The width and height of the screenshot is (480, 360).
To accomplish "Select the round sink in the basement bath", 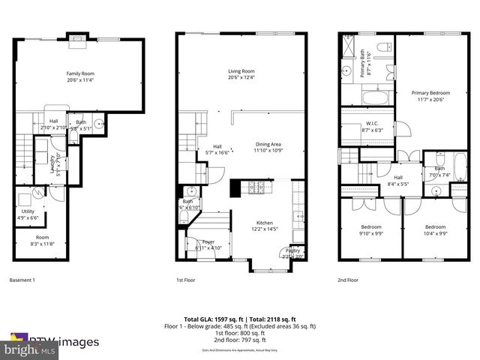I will [x=97, y=119].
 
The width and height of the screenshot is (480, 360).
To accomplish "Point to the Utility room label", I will [x=27, y=211].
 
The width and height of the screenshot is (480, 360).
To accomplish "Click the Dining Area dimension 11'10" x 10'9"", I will [x=268, y=151].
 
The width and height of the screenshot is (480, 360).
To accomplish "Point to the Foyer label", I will [x=208, y=241].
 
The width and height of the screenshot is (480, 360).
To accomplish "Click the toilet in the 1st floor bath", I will [x=184, y=216].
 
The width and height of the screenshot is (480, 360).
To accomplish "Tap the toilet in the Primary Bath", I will [x=382, y=49].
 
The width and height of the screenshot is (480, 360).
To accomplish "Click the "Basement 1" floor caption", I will [x=22, y=280].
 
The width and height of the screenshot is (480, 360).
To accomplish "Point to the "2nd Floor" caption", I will [x=347, y=280].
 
